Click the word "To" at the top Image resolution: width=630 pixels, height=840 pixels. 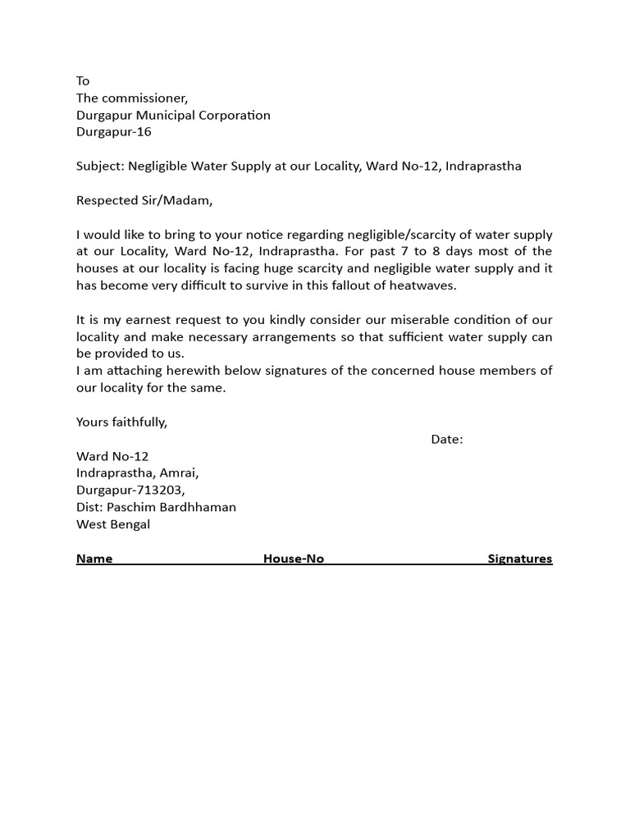click(x=83, y=80)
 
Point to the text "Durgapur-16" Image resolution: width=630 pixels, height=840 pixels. click(x=114, y=132)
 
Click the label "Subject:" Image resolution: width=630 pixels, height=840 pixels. click(x=100, y=167)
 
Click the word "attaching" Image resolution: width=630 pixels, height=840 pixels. click(x=130, y=371)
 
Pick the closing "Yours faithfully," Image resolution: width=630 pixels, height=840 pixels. click(x=121, y=422)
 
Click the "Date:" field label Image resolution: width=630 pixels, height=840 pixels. click(x=447, y=439)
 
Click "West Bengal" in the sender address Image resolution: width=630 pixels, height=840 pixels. click(x=113, y=524)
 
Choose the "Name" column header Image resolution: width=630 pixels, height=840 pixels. click(x=94, y=559)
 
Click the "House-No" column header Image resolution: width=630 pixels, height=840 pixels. click(x=294, y=559)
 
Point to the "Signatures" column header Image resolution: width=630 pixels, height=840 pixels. click(x=520, y=559)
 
